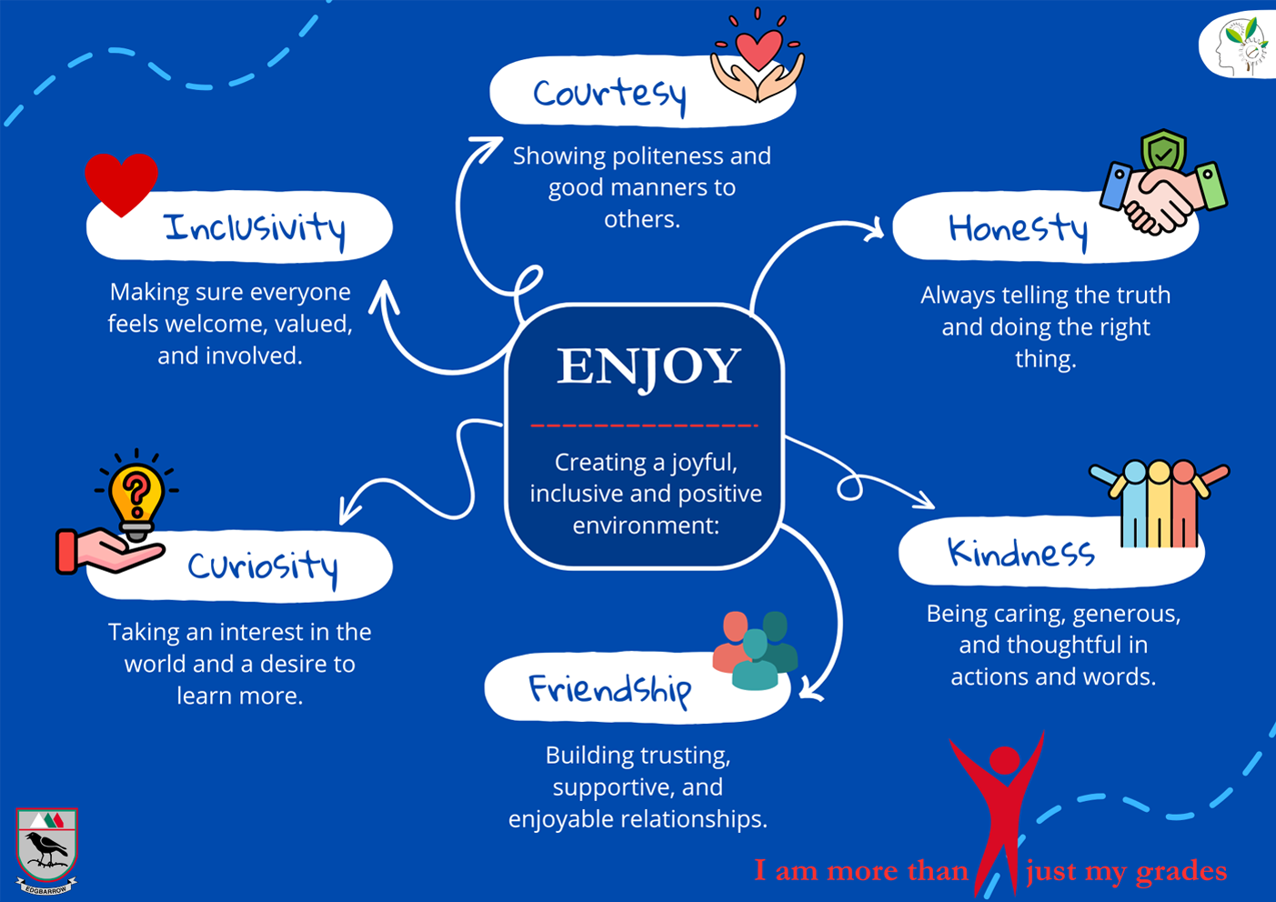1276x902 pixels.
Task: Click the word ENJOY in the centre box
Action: tap(648, 366)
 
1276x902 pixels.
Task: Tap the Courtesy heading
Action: tap(608, 94)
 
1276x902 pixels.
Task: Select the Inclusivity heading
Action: tap(255, 227)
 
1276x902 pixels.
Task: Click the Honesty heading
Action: tap(1017, 228)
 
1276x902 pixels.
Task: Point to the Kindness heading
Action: tap(1020, 553)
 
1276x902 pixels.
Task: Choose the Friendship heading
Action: tap(609, 689)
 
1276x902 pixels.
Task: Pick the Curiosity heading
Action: tap(262, 566)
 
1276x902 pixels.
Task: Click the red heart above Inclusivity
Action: tap(121, 183)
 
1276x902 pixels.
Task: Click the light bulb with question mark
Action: tap(136, 496)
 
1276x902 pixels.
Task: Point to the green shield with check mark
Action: tap(1163, 149)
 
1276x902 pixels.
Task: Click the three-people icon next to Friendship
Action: tap(755, 649)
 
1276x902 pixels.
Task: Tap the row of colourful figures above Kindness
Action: tap(1159, 500)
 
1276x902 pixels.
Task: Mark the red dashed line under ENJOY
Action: tap(644, 425)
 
